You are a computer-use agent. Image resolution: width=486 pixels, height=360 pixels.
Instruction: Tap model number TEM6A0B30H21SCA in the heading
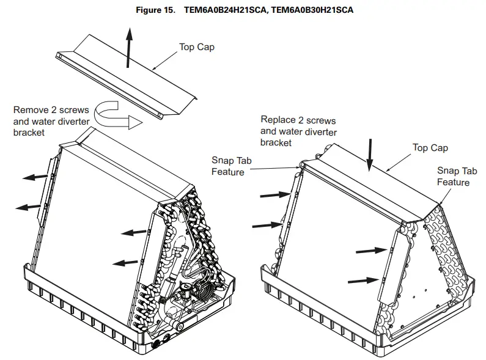point(311,10)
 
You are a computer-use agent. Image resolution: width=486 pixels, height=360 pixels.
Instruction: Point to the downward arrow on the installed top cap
point(369,156)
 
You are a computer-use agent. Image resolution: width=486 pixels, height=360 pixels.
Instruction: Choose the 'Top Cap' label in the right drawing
point(430,148)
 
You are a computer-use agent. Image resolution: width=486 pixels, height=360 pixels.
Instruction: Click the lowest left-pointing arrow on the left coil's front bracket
point(125,262)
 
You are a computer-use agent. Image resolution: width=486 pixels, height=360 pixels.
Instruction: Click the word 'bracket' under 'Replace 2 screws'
point(276,142)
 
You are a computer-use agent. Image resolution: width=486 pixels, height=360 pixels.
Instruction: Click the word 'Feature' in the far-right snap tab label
point(453,183)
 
